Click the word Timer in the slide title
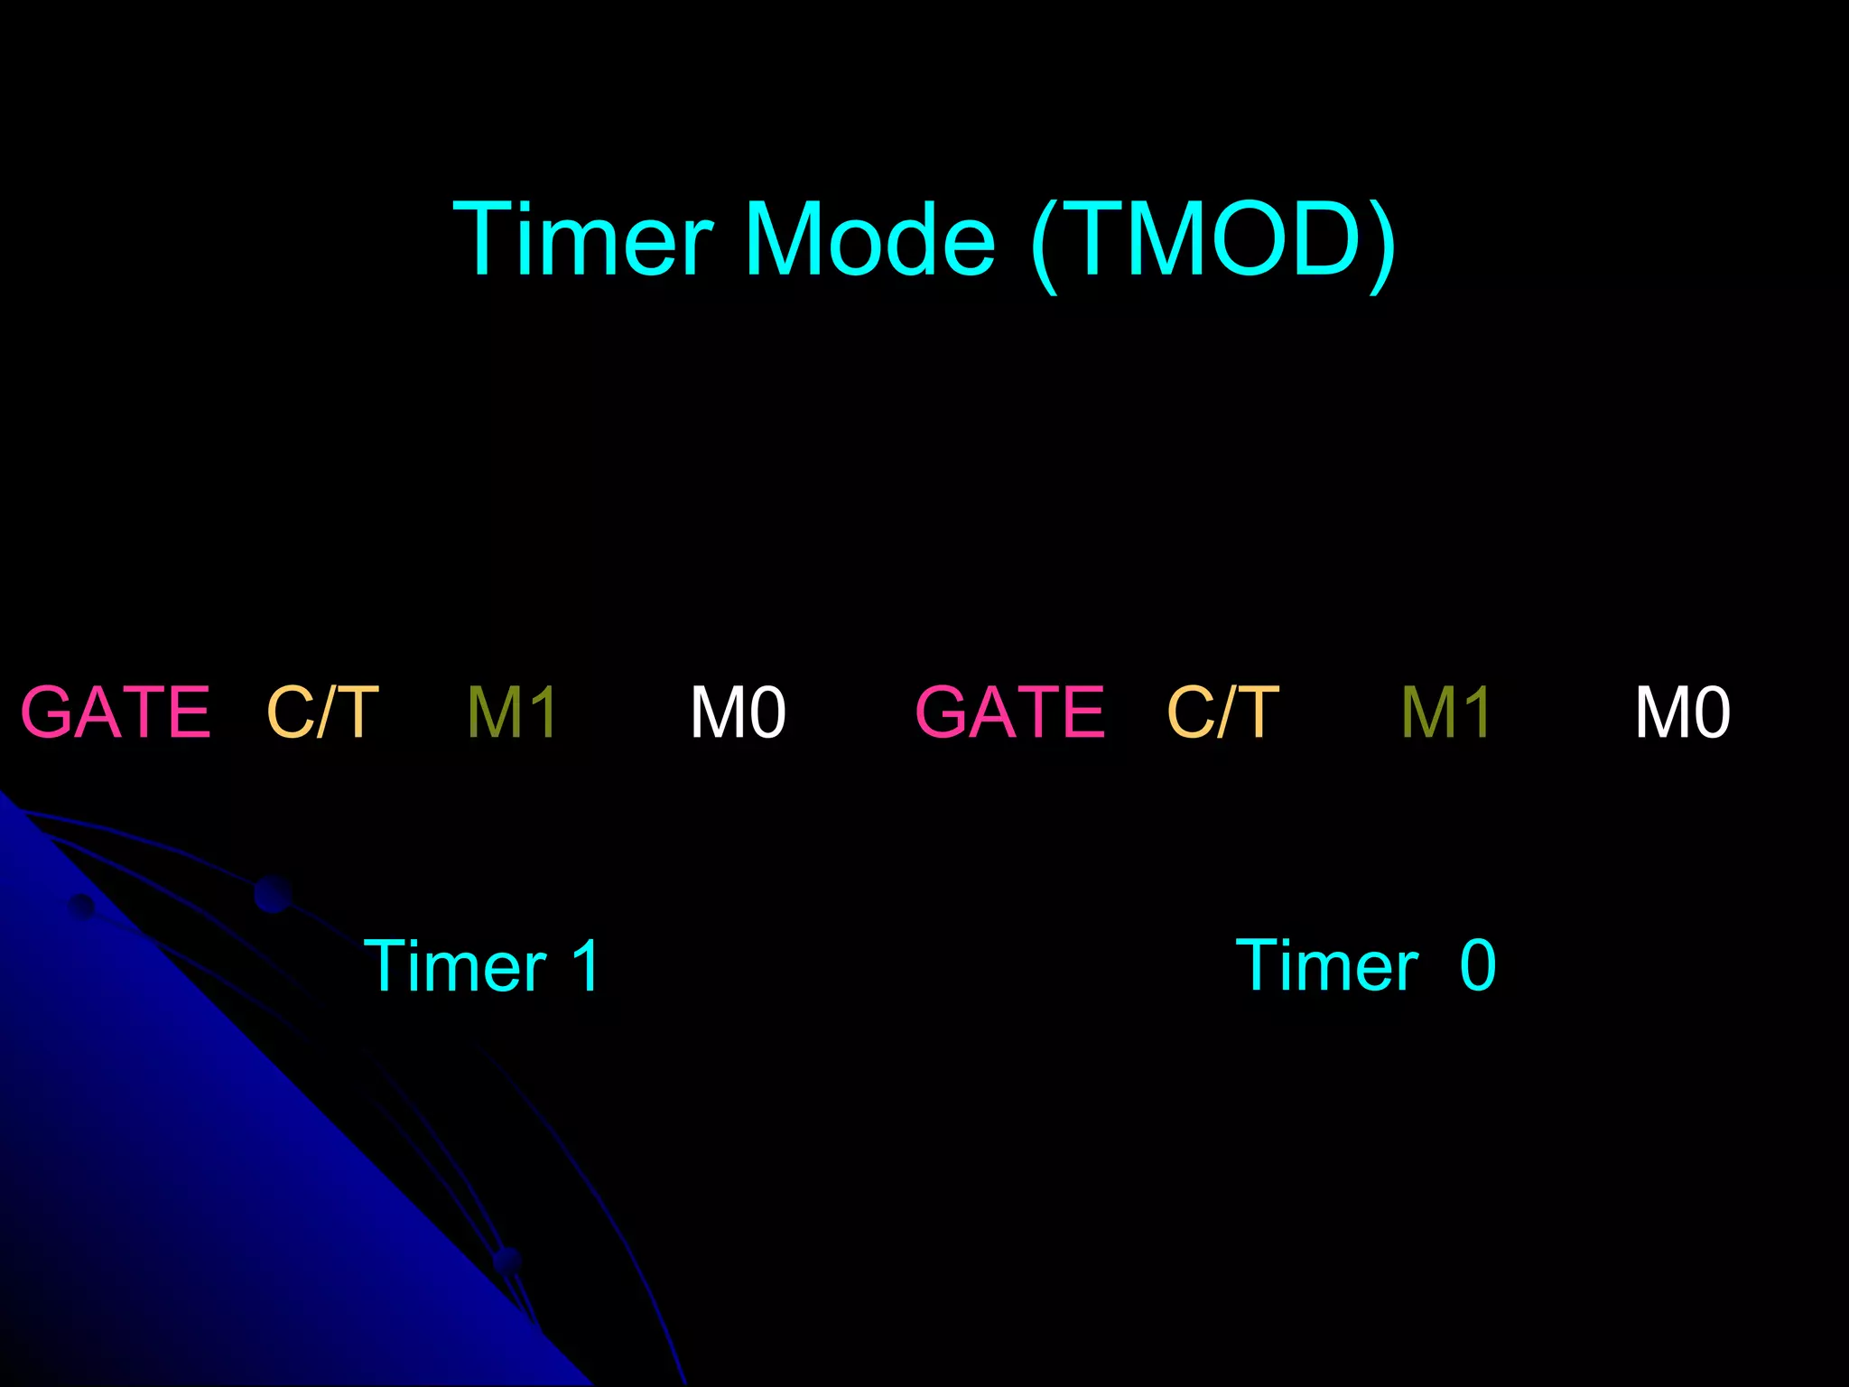click(x=582, y=239)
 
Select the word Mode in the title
click(x=869, y=239)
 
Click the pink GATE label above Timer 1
click(x=116, y=712)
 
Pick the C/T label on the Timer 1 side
click(x=322, y=712)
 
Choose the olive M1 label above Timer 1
click(x=512, y=712)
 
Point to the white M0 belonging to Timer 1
click(x=738, y=712)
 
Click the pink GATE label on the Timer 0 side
click(x=1010, y=712)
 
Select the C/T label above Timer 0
click(x=1223, y=712)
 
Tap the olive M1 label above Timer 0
click(x=1445, y=712)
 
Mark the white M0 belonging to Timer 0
click(x=1683, y=712)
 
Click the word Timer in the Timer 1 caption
click(x=455, y=966)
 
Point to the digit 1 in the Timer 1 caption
click(x=586, y=966)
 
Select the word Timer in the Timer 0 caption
click(x=1327, y=966)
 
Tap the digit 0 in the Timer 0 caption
click(x=1478, y=966)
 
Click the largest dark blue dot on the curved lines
click(x=273, y=894)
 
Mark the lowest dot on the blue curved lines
click(x=508, y=1260)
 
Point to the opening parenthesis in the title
click(x=1045, y=244)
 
